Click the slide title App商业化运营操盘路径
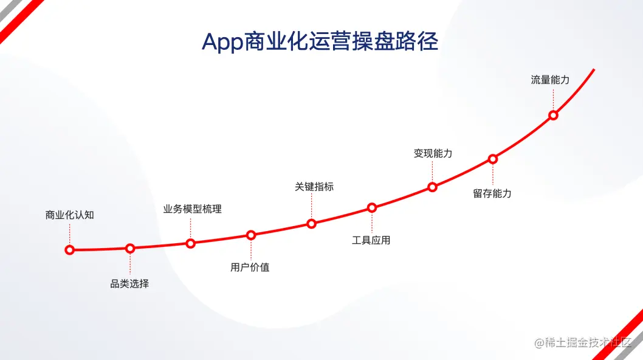click(x=320, y=41)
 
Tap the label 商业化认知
click(x=70, y=215)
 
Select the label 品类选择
click(x=129, y=283)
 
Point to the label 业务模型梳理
click(x=192, y=209)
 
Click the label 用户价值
click(x=250, y=267)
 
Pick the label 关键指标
click(x=314, y=187)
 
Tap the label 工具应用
click(x=371, y=240)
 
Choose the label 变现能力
click(x=433, y=153)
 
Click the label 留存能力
click(x=492, y=193)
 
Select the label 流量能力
click(x=551, y=80)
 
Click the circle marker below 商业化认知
click(x=70, y=250)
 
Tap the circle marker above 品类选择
click(x=130, y=248)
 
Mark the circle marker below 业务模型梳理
click(x=190, y=244)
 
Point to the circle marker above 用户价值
click(x=251, y=235)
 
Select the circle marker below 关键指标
click(x=311, y=224)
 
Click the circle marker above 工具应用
click(x=372, y=208)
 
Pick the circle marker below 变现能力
click(x=432, y=187)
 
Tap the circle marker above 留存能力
click(x=493, y=159)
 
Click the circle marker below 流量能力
click(x=553, y=116)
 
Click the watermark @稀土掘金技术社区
click(x=583, y=342)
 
